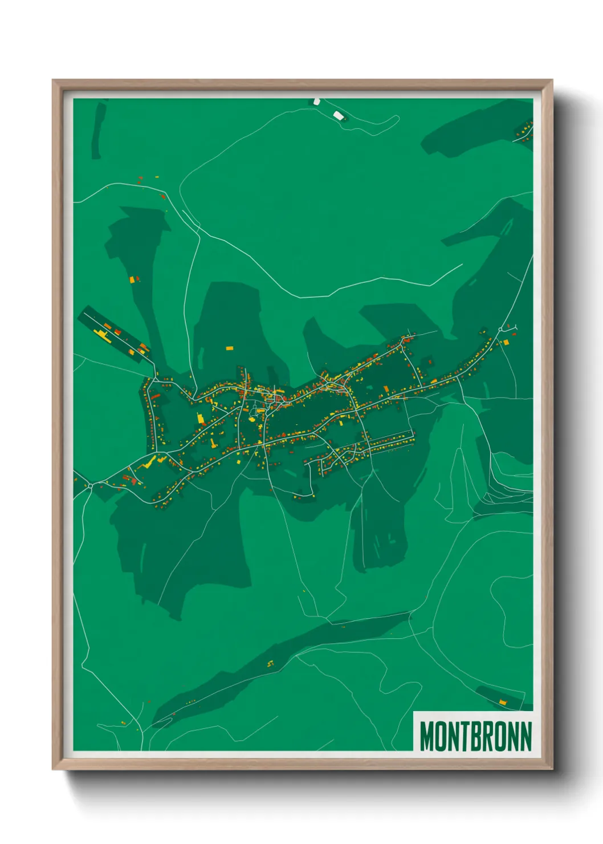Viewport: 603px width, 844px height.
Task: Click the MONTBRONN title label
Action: pyautogui.click(x=475, y=736)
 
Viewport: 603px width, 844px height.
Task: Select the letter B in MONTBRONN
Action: pyautogui.click(x=475, y=736)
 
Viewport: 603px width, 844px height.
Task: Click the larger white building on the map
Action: pyautogui.click(x=338, y=116)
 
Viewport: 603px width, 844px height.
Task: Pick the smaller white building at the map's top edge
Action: pyautogui.click(x=317, y=102)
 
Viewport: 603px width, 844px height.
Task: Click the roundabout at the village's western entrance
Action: pyautogui.click(x=91, y=485)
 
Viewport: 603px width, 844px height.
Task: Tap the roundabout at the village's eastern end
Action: pyautogui.click(x=500, y=330)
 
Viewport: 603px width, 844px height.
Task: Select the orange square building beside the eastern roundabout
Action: pyautogui.click(x=506, y=342)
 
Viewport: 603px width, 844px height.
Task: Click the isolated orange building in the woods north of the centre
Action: pyautogui.click(x=229, y=347)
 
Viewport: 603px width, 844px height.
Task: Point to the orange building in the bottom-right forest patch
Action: pyautogui.click(x=503, y=701)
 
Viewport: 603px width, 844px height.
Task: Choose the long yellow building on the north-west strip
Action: pyautogui.click(x=101, y=333)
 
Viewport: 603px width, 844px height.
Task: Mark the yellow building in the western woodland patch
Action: pyautogui.click(x=132, y=279)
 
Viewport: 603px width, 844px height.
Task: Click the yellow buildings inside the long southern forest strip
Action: pyautogui.click(x=271, y=663)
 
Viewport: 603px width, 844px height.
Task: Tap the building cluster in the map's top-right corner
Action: pyautogui.click(x=523, y=131)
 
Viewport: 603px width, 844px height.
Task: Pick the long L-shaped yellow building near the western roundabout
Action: pyautogui.click(x=150, y=462)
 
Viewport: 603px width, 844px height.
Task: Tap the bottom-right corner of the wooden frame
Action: pyautogui.click(x=552, y=769)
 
